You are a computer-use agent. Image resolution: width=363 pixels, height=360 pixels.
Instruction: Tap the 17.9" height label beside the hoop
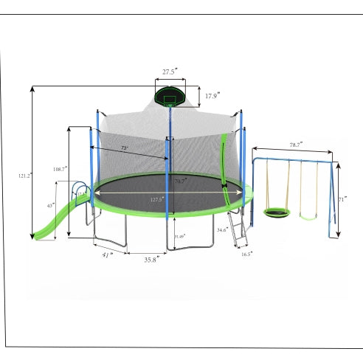(x=212, y=96)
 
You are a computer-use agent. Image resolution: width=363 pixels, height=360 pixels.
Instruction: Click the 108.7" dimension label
(x=60, y=169)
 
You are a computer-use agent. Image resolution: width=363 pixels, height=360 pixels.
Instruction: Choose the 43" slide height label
(x=51, y=205)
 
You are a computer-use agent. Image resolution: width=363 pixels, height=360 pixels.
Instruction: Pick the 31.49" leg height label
(x=179, y=236)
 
